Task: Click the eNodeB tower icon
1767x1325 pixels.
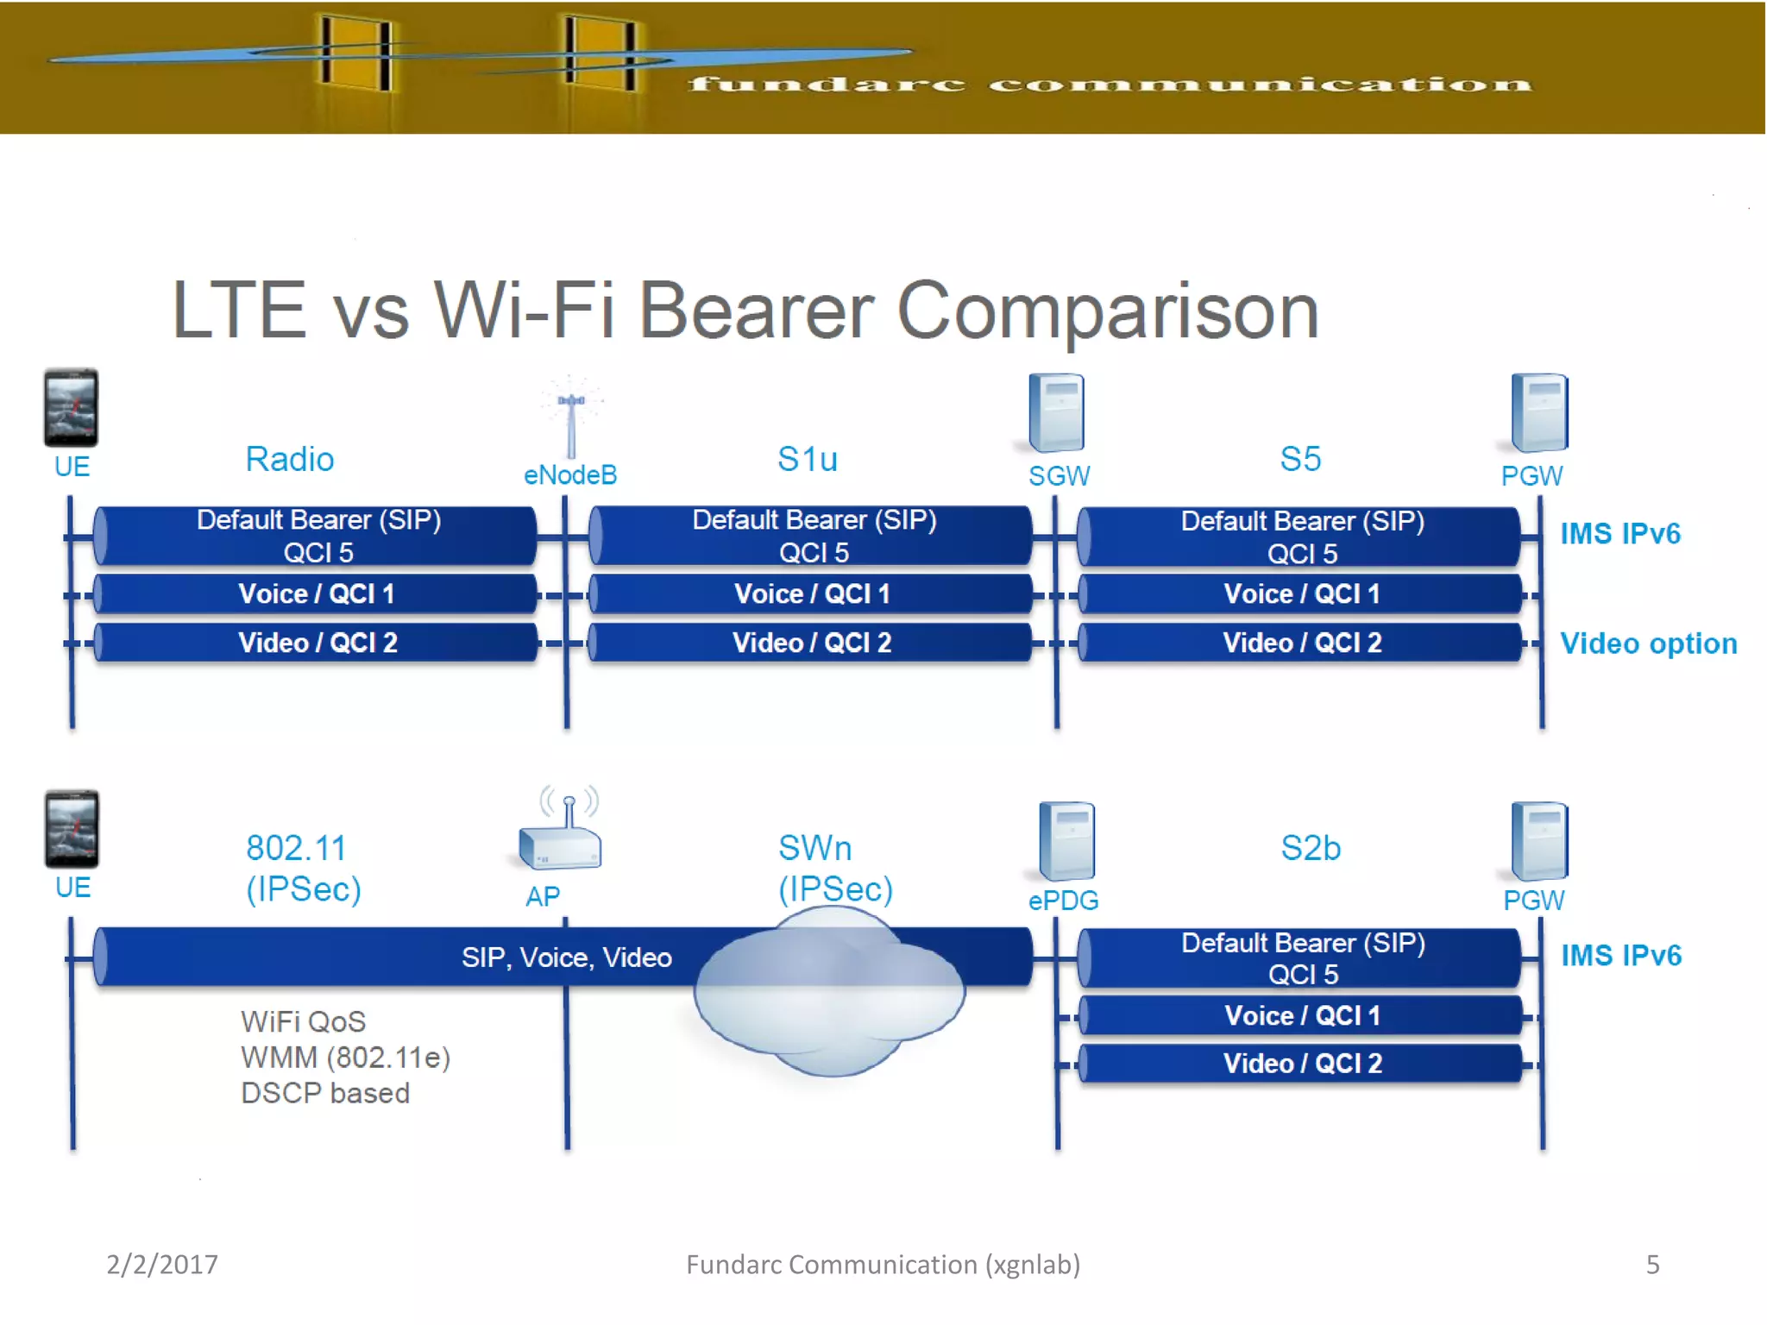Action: click(570, 418)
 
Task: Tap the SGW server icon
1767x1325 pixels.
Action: click(1057, 412)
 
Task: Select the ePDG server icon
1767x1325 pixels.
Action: click(1066, 840)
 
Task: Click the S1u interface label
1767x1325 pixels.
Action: click(807, 459)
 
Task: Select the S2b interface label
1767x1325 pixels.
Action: click(1310, 848)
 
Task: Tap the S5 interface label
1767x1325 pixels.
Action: click(1299, 459)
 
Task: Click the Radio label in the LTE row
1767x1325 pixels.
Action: click(289, 459)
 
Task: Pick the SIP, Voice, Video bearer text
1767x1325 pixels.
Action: click(566, 957)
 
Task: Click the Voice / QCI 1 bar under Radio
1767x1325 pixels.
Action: click(316, 593)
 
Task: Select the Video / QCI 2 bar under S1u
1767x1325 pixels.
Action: click(811, 643)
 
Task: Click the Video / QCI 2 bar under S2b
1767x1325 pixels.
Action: click(1301, 1063)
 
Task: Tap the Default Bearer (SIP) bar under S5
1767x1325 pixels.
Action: click(1301, 536)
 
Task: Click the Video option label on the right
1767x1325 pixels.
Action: click(1648, 644)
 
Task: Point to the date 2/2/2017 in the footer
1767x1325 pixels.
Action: click(162, 1264)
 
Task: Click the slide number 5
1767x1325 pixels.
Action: click(1652, 1264)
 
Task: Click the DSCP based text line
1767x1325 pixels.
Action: click(325, 1093)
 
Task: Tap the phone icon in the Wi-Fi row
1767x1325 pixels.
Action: click(72, 829)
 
